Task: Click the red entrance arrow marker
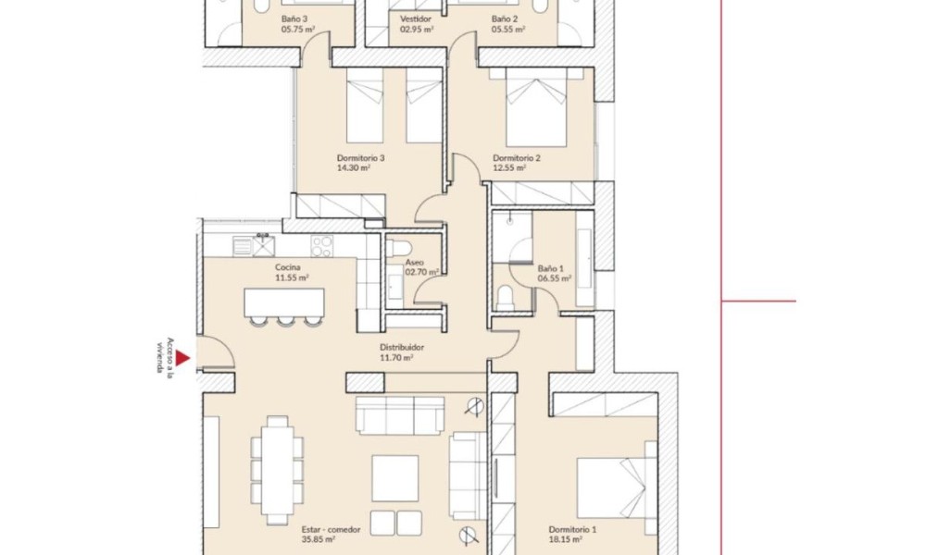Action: (x=182, y=358)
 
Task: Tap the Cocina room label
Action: (x=288, y=267)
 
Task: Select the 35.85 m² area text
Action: (x=319, y=539)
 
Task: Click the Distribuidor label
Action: (x=402, y=348)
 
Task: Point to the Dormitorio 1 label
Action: (x=572, y=530)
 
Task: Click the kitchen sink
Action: (x=254, y=246)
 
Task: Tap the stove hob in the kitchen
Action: (x=322, y=246)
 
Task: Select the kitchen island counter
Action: (x=284, y=302)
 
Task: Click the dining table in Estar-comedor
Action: (x=277, y=470)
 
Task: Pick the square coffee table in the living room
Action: (x=395, y=478)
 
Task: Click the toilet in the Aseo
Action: (x=401, y=248)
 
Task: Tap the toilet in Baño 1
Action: (x=505, y=298)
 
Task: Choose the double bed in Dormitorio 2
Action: (x=536, y=107)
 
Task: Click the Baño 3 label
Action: (x=294, y=18)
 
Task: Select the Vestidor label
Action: (x=415, y=18)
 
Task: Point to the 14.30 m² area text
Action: (x=354, y=167)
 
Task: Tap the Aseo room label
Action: (x=415, y=263)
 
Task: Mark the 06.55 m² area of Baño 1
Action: (x=555, y=278)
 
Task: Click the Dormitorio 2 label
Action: (x=517, y=158)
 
